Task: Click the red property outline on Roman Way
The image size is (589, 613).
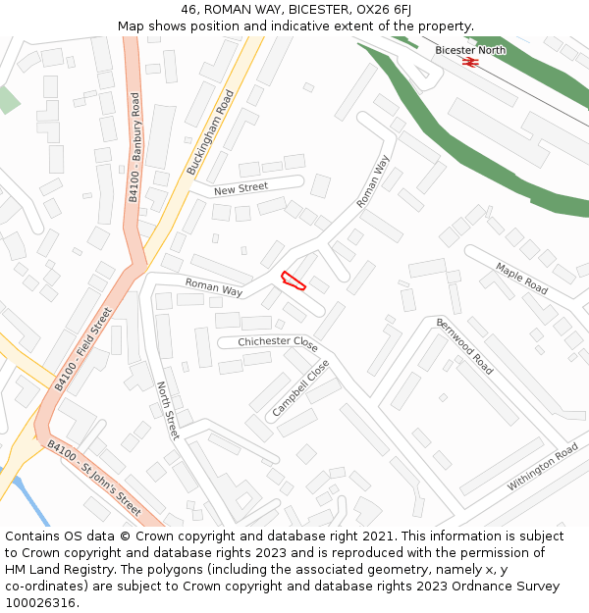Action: [293, 281]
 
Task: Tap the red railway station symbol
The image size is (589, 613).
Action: [470, 62]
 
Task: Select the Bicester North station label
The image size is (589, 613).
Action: [470, 50]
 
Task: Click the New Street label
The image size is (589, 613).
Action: [241, 188]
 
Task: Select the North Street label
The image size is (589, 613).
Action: [168, 410]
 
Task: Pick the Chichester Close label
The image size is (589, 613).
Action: [278, 343]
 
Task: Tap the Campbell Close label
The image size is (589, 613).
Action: [301, 388]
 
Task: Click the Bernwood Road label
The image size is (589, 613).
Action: [464, 345]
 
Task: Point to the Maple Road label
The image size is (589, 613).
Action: [521, 279]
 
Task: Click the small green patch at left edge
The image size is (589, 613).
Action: [7, 99]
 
